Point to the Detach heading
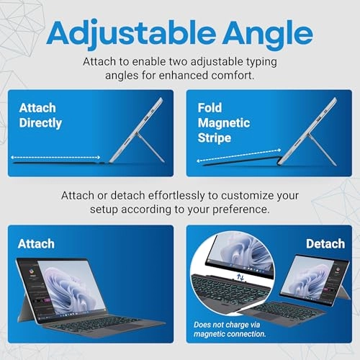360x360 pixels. (x=325, y=243)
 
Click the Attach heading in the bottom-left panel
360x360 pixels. (x=37, y=243)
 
